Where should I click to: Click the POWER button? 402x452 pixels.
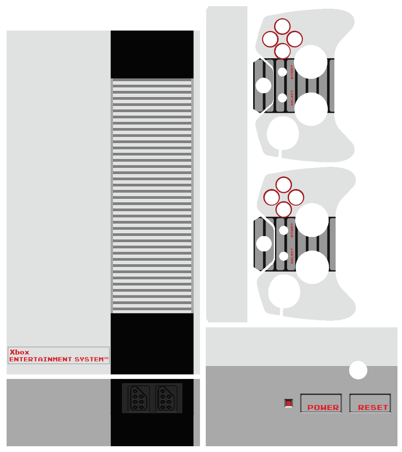[x=321, y=403]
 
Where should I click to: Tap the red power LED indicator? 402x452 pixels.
[x=289, y=403]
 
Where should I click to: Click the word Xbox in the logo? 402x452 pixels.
[x=19, y=352]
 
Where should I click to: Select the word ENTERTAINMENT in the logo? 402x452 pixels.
[x=40, y=360]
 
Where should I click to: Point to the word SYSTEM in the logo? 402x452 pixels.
[x=89, y=360]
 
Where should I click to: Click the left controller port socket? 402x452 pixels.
[x=139, y=398]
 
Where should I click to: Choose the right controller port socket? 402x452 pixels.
[x=166, y=398]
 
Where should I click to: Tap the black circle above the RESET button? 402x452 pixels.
[x=358, y=370]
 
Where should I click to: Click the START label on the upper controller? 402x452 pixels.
[x=292, y=72]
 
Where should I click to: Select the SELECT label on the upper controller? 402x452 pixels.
[x=292, y=98]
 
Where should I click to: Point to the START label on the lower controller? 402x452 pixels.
[x=292, y=230]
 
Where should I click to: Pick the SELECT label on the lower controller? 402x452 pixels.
[x=292, y=256]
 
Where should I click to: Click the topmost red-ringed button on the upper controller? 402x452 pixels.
[x=282, y=27]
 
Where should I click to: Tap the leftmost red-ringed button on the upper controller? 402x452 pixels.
[x=270, y=39]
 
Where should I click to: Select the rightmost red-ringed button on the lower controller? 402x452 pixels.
[x=296, y=197]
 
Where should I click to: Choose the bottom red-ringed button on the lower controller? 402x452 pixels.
[x=284, y=209]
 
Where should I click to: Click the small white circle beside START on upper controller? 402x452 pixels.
[x=282, y=72]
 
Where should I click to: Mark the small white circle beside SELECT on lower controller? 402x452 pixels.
[x=284, y=256]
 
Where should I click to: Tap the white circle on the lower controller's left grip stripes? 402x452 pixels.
[x=264, y=244]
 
